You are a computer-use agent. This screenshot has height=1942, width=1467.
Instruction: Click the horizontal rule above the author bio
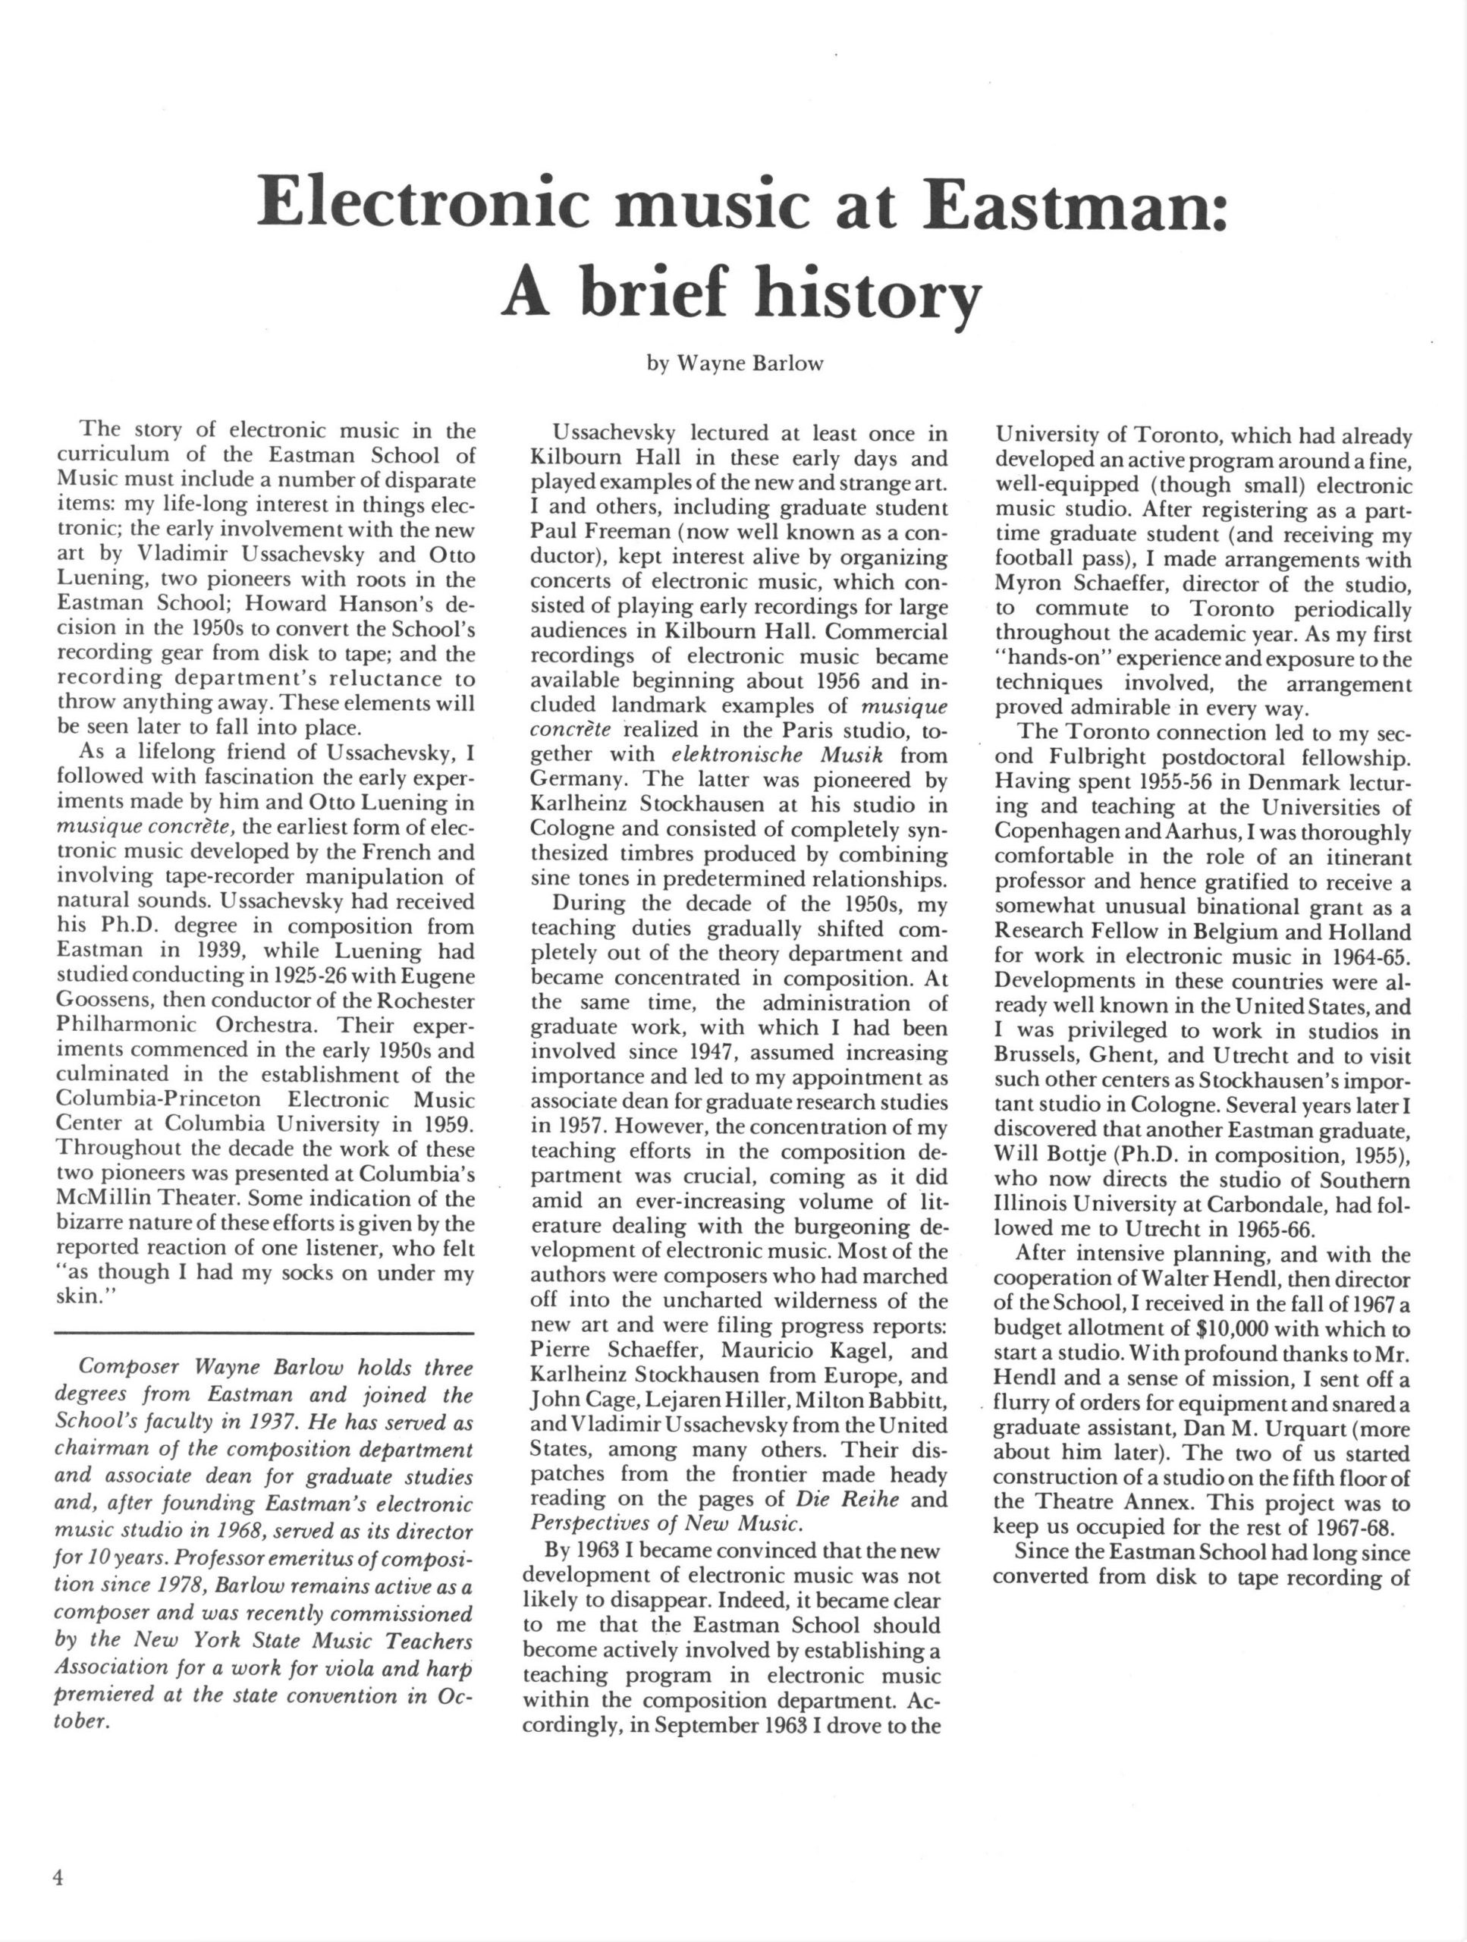[263, 1334]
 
